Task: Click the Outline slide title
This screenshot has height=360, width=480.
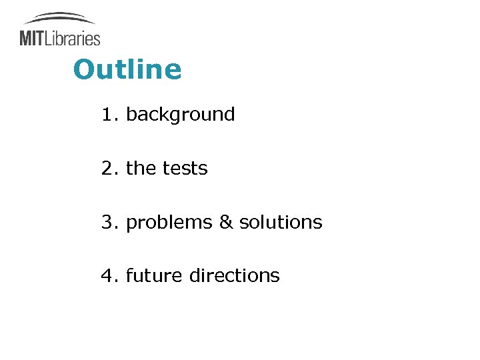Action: point(127,69)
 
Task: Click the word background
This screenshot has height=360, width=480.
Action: point(180,115)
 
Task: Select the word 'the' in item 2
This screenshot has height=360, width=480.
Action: point(140,169)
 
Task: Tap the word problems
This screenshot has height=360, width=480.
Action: point(169,223)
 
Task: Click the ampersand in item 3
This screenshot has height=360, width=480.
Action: point(225,222)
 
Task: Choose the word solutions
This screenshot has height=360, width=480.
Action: point(280,222)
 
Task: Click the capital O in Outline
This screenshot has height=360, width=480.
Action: point(84,69)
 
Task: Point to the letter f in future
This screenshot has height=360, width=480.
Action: point(129,275)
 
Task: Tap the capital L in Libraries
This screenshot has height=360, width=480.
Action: point(49,38)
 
